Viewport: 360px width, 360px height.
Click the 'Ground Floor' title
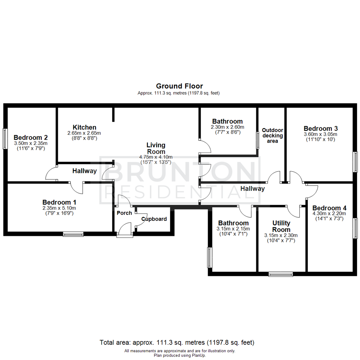179,86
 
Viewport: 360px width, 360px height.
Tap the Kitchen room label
85,127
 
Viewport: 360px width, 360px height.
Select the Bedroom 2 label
30,137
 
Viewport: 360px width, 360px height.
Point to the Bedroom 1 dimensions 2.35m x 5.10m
59,208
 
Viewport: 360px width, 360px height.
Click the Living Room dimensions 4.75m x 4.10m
156,157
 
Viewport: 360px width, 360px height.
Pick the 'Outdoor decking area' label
272,136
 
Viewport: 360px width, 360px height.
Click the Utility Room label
281,226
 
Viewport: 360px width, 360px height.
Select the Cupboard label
154,219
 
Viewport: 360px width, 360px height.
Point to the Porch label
124,213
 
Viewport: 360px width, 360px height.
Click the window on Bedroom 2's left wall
5,139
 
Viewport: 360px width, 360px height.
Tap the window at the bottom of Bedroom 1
73,234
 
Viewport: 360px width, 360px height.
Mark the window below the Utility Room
281,274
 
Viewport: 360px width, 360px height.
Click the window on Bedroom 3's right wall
355,162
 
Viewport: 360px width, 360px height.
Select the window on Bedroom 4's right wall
355,228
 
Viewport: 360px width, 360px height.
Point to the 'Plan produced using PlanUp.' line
180,355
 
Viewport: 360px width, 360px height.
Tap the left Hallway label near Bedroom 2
85,171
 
